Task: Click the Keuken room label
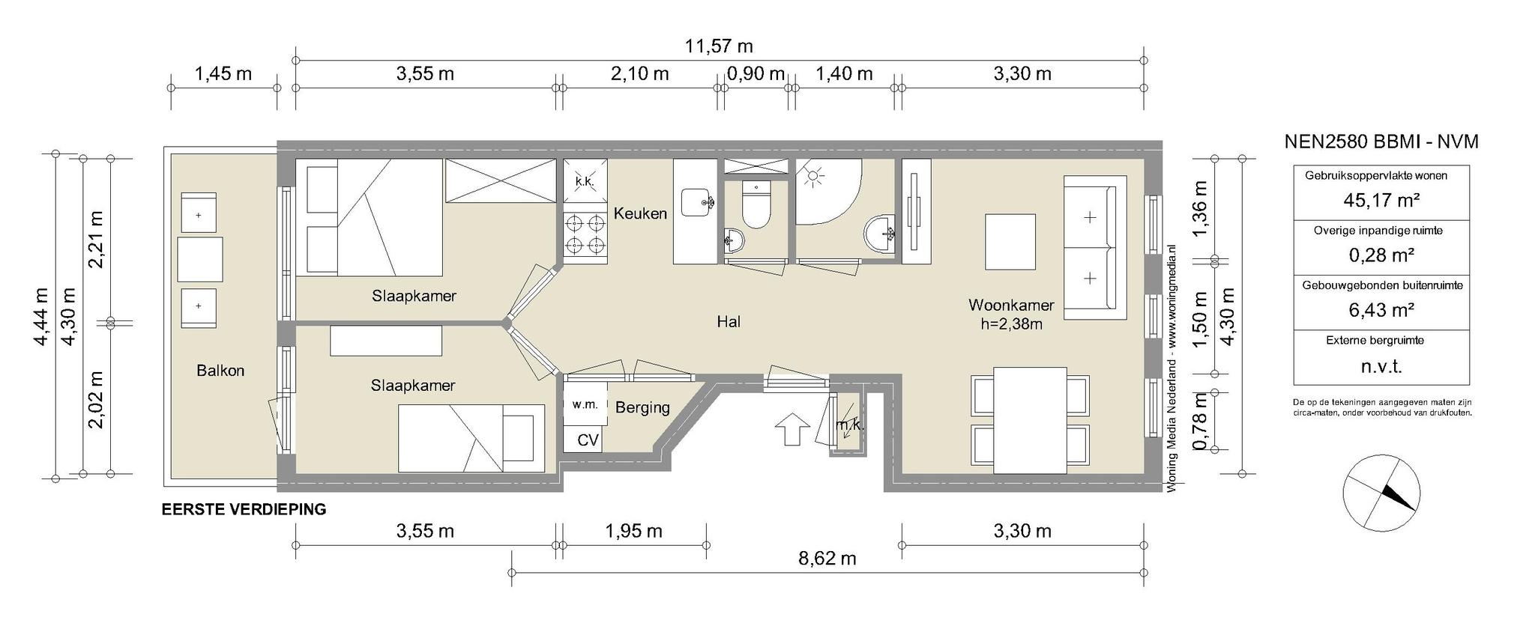pyautogui.click(x=640, y=213)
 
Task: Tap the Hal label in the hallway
pyautogui.click(x=729, y=322)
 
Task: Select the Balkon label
pyautogui.click(x=220, y=371)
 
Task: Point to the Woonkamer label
pyautogui.click(x=1011, y=306)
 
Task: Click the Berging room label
pyautogui.click(x=642, y=408)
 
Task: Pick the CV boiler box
pyautogui.click(x=588, y=440)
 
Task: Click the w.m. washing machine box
pyautogui.click(x=585, y=405)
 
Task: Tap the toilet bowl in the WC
pyautogui.click(x=756, y=204)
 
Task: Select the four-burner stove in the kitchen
pyautogui.click(x=585, y=234)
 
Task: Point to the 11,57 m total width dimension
pyautogui.click(x=719, y=46)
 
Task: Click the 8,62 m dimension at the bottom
pyautogui.click(x=827, y=559)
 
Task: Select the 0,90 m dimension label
pyautogui.click(x=756, y=74)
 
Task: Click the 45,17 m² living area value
pyautogui.click(x=1381, y=200)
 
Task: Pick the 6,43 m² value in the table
pyautogui.click(x=1381, y=310)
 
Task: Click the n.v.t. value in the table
pyautogui.click(x=1381, y=366)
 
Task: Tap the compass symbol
pyautogui.click(x=1381, y=493)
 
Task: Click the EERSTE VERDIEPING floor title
pyautogui.click(x=244, y=510)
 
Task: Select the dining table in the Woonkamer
pyautogui.click(x=1030, y=420)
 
